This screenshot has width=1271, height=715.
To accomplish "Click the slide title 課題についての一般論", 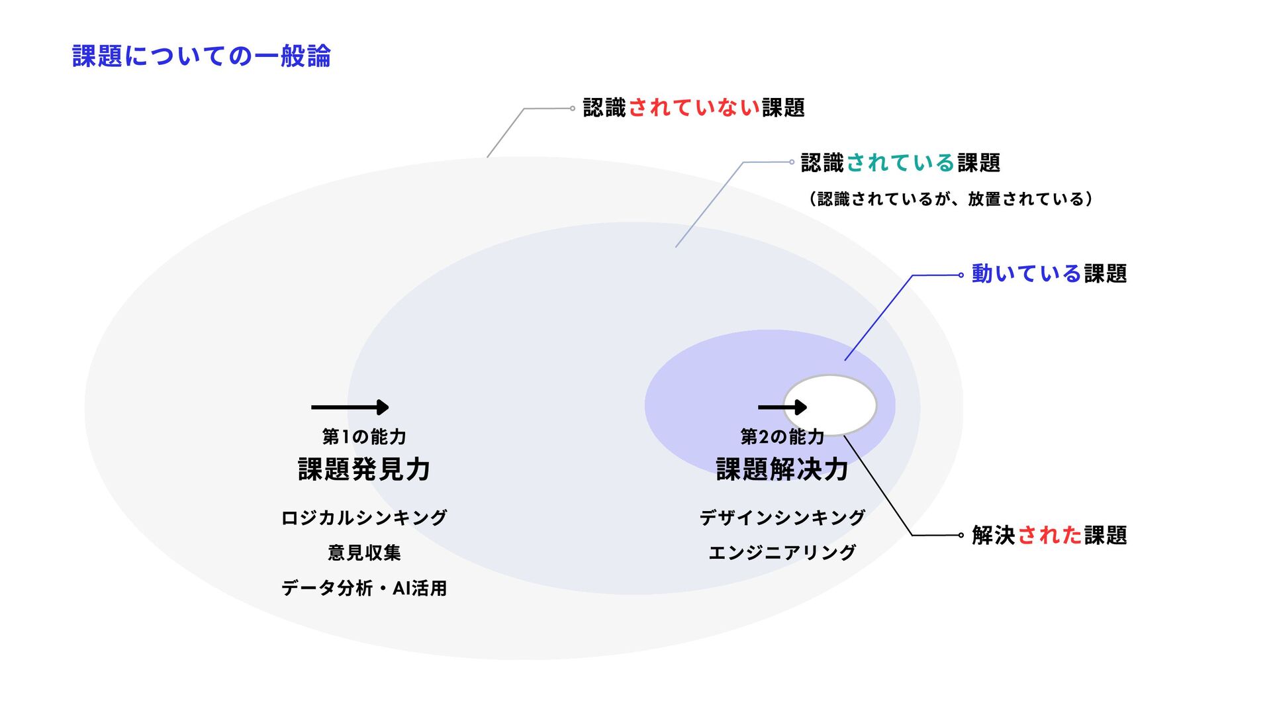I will click(x=201, y=56).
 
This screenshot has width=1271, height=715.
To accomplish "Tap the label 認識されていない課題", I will click(x=693, y=108).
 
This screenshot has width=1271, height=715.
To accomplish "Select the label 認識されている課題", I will click(x=900, y=163).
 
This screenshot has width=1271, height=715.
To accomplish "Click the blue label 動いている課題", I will click(x=1049, y=274).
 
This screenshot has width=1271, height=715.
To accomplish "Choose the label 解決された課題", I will click(x=1049, y=536).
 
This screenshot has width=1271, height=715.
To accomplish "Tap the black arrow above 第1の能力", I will click(x=350, y=407).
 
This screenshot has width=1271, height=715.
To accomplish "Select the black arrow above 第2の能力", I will click(x=782, y=407).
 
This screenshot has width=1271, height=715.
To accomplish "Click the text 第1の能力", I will click(x=364, y=437).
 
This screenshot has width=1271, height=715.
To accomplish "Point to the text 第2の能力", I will click(x=782, y=437).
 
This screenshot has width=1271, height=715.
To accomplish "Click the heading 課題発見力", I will click(x=364, y=470).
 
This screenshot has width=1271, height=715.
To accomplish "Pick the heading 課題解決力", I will click(x=782, y=470).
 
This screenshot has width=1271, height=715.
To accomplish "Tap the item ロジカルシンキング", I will click(x=364, y=518).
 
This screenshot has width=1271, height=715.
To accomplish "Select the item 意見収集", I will click(x=364, y=553).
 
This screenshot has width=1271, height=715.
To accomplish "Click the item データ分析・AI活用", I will click(x=364, y=589).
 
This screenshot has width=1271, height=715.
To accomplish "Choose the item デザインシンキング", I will click(x=782, y=518).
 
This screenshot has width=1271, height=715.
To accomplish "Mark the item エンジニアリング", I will click(x=782, y=553).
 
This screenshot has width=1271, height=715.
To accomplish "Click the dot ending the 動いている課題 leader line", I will click(x=961, y=275).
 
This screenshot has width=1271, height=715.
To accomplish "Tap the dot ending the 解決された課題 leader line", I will click(x=961, y=536).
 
